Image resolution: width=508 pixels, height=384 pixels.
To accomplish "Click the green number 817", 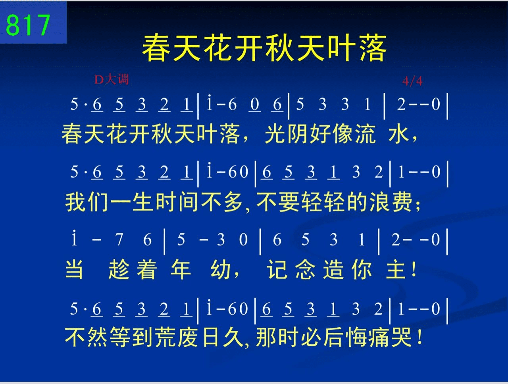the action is (x=28, y=25).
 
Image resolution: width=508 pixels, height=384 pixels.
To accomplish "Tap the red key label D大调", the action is (x=111, y=80).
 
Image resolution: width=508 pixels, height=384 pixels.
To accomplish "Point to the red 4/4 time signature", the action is (x=412, y=81).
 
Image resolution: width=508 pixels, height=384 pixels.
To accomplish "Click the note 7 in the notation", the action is (x=119, y=240).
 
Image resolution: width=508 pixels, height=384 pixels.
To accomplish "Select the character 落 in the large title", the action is (x=373, y=48).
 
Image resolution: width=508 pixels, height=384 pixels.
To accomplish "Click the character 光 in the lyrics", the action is (x=275, y=134).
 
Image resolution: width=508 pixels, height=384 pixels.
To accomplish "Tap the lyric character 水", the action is (x=398, y=134).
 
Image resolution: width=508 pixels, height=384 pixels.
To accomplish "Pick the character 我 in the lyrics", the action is (x=75, y=202).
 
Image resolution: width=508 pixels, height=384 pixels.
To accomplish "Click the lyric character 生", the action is (x=142, y=202).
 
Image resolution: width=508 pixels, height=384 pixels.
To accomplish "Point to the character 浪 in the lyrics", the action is (x=379, y=202).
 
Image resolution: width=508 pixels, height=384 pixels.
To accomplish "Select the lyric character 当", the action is (x=74, y=269).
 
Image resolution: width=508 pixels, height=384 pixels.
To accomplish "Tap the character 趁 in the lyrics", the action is (x=119, y=269).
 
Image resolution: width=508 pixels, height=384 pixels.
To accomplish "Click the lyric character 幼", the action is (x=220, y=269).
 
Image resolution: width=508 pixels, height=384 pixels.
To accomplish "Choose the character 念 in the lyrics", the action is (x=306, y=269).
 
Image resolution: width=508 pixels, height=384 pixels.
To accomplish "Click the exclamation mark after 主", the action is (x=414, y=269).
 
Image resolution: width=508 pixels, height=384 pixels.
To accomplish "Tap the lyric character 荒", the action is (x=165, y=337).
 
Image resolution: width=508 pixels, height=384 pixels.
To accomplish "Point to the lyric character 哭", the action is (x=402, y=337).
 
